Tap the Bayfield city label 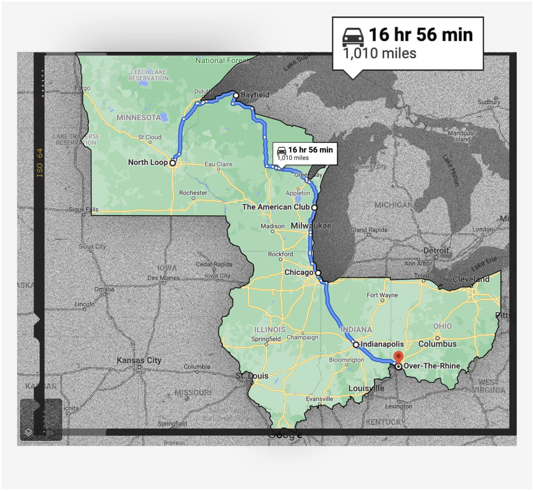click(x=255, y=95)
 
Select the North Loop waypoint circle click(x=172, y=163)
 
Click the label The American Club click(x=275, y=207)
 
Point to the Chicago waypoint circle click(x=318, y=273)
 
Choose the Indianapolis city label click(x=382, y=344)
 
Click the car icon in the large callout click(x=353, y=37)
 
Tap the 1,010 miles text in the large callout click(x=380, y=53)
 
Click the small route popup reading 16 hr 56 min click(x=305, y=153)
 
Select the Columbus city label click(x=437, y=344)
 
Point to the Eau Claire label click(x=218, y=164)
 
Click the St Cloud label click(x=149, y=137)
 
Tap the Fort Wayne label click(x=382, y=295)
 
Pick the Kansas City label click(x=139, y=360)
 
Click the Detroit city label click(x=436, y=251)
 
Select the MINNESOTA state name click(x=139, y=117)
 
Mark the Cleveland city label click(x=471, y=279)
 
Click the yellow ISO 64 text click(x=39, y=163)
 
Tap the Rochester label click(x=193, y=193)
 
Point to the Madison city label click(x=273, y=226)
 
